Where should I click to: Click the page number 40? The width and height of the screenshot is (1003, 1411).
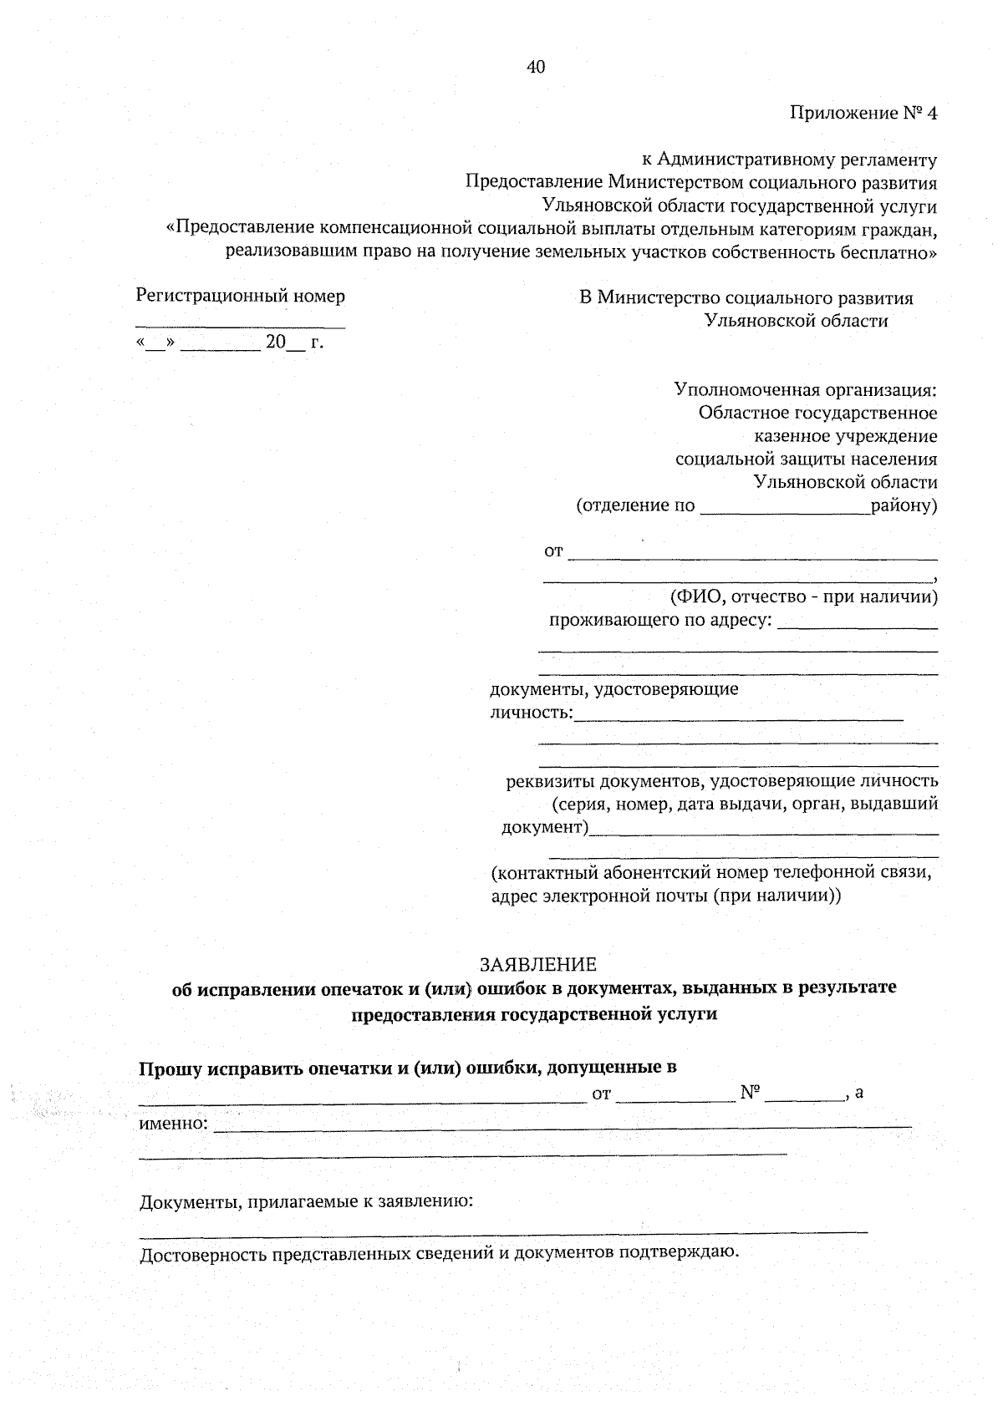tap(536, 67)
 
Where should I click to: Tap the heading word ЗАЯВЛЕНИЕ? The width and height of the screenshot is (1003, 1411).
tap(538, 964)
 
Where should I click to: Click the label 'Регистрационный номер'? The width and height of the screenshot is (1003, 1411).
tap(241, 296)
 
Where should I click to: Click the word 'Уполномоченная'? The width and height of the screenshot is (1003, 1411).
tap(747, 389)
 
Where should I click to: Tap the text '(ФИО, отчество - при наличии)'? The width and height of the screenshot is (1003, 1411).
tap(803, 596)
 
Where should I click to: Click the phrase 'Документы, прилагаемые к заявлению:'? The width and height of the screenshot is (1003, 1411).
tap(306, 1202)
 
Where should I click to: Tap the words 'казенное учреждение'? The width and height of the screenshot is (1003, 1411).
tap(845, 436)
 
